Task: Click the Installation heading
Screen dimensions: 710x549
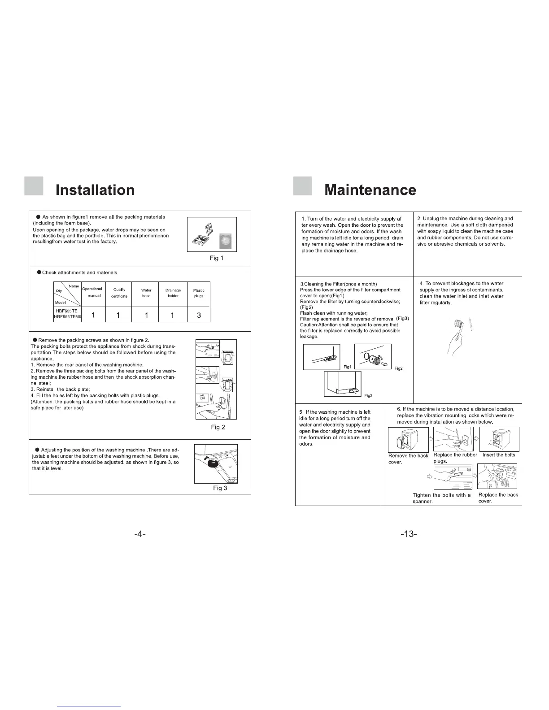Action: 95,190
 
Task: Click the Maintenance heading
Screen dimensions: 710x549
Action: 370,190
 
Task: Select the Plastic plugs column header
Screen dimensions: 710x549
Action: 199,293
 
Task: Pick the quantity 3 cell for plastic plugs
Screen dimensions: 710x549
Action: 199,315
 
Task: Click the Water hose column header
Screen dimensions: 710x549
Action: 146,293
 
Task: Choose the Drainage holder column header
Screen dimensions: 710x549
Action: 173,293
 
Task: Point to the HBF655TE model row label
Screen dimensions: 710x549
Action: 66,311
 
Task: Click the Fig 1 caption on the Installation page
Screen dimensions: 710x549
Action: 217,258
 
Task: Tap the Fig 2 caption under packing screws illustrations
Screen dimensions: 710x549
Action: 218,427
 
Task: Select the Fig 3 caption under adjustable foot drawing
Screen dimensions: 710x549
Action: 220,488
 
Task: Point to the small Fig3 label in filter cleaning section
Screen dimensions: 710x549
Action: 368,395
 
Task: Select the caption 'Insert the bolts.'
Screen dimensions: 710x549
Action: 499,455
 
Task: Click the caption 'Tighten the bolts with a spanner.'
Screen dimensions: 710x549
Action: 441,498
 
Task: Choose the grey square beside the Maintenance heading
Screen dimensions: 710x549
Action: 302,186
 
